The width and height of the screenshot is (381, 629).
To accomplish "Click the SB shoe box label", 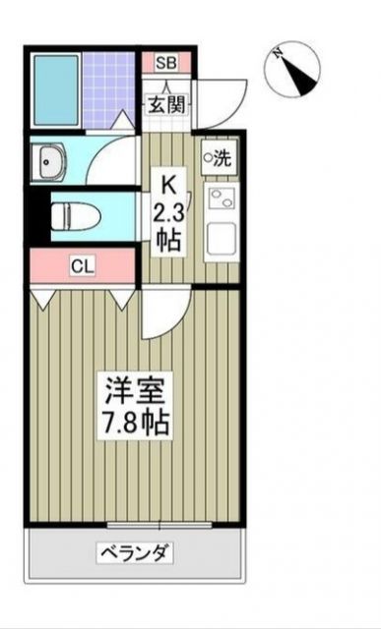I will tap(164, 63).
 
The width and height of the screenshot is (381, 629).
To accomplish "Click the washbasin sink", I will tap(49, 163).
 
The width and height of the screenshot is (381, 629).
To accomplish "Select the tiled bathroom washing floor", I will tap(109, 85).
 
